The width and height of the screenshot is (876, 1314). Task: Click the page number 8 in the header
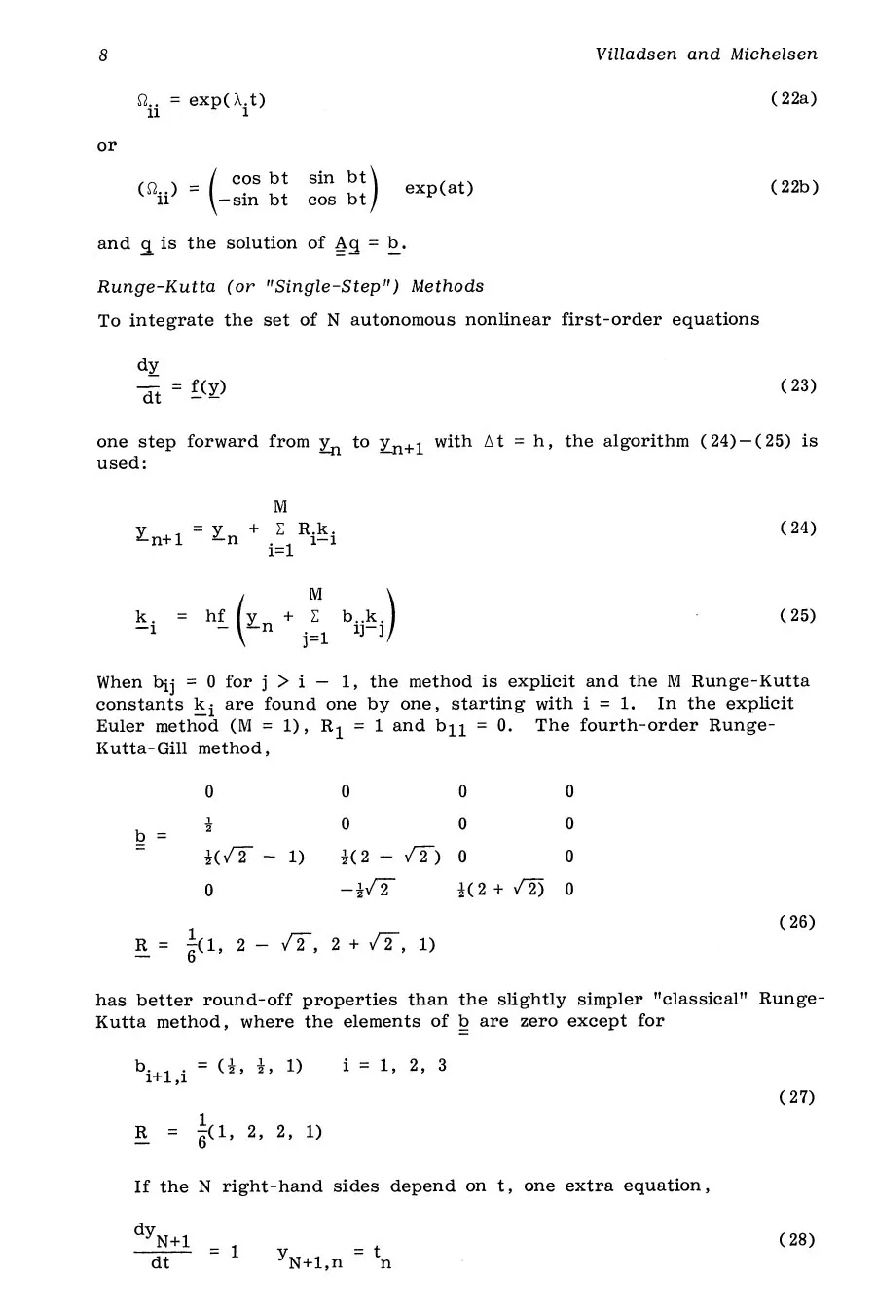pyautogui.click(x=102, y=55)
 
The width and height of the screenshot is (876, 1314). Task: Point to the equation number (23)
pyautogui.click(x=798, y=385)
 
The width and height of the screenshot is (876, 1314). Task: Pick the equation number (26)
pyautogui.click(x=797, y=922)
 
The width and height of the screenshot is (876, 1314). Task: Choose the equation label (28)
pyautogui.click(x=797, y=1239)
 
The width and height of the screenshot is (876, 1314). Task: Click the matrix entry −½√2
pyautogui.click(x=368, y=890)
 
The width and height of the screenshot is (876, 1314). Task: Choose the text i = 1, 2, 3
pyautogui.click(x=394, y=1065)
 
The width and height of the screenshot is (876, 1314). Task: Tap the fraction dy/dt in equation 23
pyautogui.click(x=149, y=381)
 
